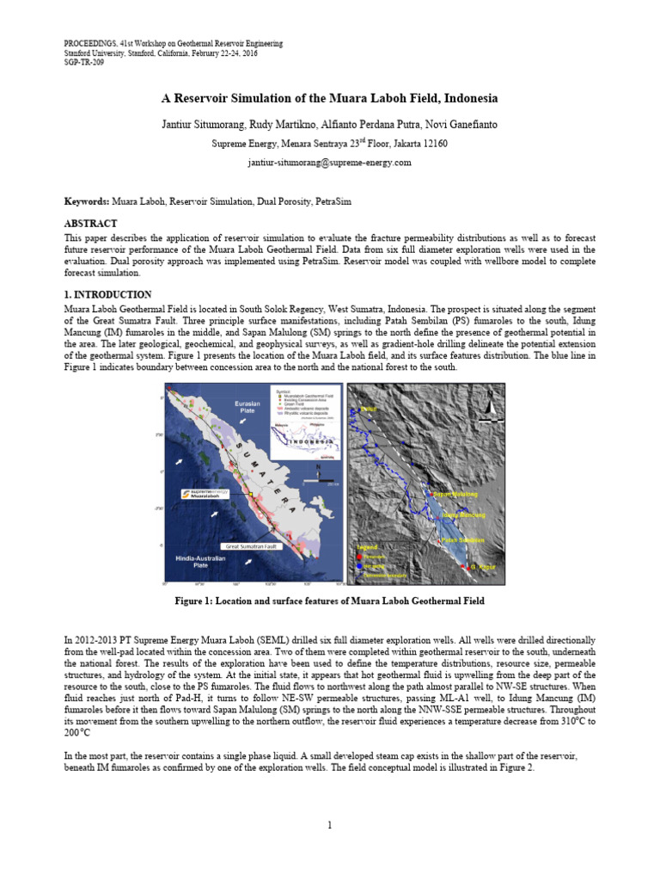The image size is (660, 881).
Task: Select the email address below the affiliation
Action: [330, 162]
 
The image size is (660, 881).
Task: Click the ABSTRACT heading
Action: [91, 223]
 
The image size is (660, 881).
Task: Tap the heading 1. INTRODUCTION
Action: [108, 294]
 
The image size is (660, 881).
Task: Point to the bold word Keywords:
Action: [88, 200]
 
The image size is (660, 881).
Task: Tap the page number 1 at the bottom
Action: [330, 826]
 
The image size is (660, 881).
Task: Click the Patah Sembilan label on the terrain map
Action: [462, 540]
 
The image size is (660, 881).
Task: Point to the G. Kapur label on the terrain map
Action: [483, 567]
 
